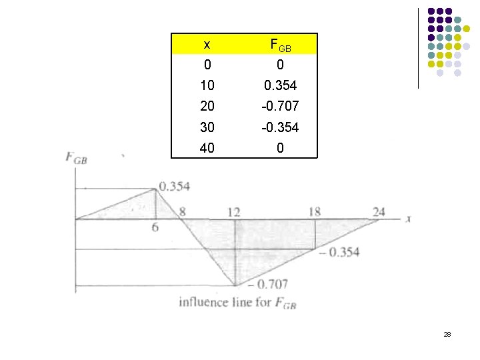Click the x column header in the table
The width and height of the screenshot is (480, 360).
coord(207,45)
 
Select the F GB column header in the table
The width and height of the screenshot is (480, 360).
coord(281,45)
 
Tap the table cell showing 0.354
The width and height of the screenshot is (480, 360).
coord(281,85)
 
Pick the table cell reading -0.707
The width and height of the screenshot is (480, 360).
coord(280,106)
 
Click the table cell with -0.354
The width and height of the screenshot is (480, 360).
coord(280,127)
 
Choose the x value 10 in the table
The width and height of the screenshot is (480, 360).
coord(207,85)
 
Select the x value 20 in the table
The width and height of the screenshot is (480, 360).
coord(207,106)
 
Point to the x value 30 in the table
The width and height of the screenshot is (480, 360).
coord(207,127)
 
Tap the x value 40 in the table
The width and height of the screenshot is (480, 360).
coord(207,148)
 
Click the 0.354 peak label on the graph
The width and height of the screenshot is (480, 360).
coord(175,186)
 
